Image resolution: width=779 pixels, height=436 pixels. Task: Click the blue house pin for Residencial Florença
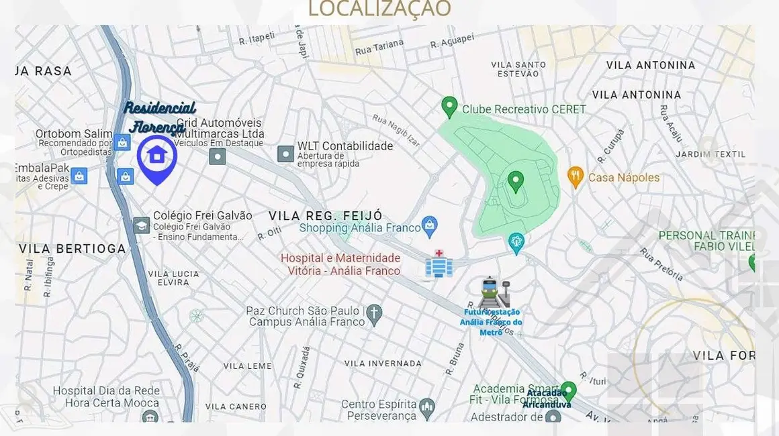pyautogui.click(x=156, y=156)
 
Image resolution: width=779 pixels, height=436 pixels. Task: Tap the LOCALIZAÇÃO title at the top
pyautogui.click(x=379, y=9)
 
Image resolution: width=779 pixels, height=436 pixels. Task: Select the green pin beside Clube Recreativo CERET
pyautogui.click(x=449, y=106)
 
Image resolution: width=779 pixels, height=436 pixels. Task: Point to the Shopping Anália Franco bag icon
pyautogui.click(x=430, y=226)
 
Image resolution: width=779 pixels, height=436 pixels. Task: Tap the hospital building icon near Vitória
pyautogui.click(x=439, y=265)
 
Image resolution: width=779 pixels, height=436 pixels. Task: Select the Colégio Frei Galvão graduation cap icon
pyautogui.click(x=141, y=225)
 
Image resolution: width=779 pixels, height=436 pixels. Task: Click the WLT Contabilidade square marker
pyautogui.click(x=286, y=154)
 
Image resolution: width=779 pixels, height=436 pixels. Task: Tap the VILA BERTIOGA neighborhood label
pyautogui.click(x=73, y=249)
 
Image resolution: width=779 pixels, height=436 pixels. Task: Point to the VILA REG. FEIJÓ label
pyautogui.click(x=326, y=215)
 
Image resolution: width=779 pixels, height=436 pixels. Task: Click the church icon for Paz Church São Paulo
pyautogui.click(x=374, y=312)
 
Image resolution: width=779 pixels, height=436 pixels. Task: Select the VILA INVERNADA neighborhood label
pyautogui.click(x=383, y=363)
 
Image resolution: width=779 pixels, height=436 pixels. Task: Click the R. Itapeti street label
pyautogui.click(x=257, y=40)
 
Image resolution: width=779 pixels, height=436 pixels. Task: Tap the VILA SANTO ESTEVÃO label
pyautogui.click(x=518, y=69)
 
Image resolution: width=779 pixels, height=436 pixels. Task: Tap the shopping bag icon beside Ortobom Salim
pyautogui.click(x=122, y=142)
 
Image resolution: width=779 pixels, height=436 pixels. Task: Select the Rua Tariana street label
pyautogui.click(x=379, y=46)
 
